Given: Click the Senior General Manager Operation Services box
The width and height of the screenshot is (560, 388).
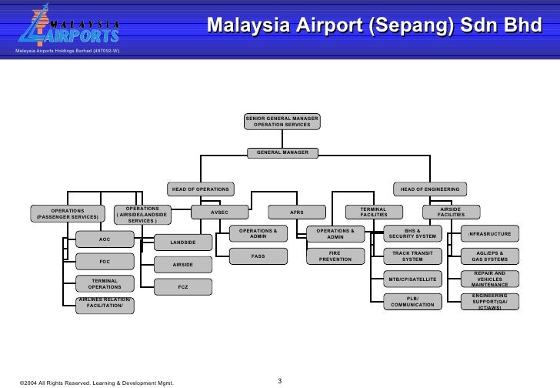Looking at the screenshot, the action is coord(282,121).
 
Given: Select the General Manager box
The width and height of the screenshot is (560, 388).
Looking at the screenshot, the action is coord(282,152).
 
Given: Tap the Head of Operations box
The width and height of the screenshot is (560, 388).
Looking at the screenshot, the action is coord(200,189).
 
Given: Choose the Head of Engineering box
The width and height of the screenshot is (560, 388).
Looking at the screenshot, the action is coord(429,189).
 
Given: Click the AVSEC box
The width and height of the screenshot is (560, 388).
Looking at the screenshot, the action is coord(219,212).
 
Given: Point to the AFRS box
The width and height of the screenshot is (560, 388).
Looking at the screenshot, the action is coord(296,212).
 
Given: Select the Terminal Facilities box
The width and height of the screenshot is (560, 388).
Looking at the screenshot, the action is coord(374,212).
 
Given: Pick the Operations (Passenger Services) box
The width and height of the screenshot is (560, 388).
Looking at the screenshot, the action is coord(68,213).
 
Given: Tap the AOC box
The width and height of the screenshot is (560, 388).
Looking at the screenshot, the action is coord(105,239).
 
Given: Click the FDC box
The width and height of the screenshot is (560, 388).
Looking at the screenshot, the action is coord(105,260).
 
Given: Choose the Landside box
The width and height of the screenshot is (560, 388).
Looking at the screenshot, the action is coord(183,243).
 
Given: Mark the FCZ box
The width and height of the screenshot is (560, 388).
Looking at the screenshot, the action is coord(183,287).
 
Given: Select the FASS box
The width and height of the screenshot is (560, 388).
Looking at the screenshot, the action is coord(258,256).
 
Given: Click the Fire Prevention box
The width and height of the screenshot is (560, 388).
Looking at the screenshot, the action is coord(335,256).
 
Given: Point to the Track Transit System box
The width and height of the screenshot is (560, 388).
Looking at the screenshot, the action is coord(413,256).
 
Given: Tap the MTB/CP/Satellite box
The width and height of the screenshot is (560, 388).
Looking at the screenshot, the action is coord(413,279).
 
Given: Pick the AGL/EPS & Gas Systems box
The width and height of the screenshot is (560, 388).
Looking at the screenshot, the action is coord(490,256).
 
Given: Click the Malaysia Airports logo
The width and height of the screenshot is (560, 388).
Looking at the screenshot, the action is coord(68,28).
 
